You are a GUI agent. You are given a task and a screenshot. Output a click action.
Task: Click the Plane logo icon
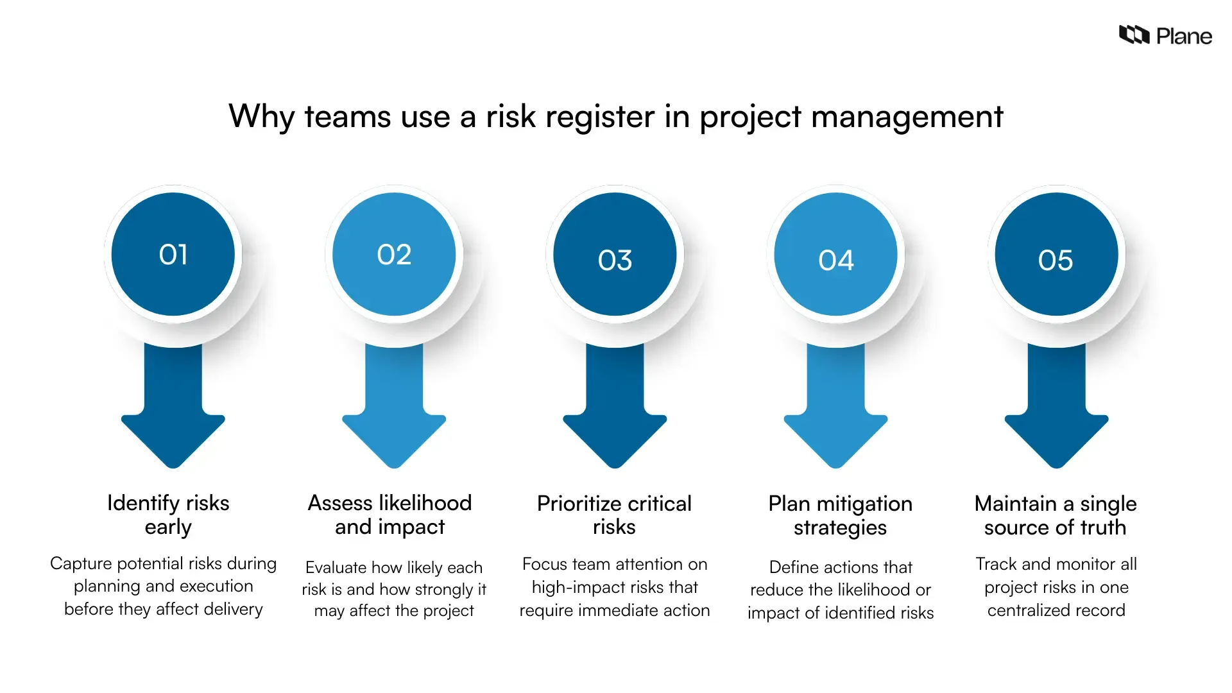pyautogui.click(x=1134, y=35)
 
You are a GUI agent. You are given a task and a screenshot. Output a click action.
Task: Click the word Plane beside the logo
pyautogui.click(x=1184, y=37)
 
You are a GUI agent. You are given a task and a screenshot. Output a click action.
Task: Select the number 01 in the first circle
pyautogui.click(x=173, y=255)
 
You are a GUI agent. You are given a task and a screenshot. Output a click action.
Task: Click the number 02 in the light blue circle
pyautogui.click(x=394, y=255)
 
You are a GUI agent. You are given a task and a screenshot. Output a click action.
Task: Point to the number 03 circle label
pyautogui.click(x=615, y=261)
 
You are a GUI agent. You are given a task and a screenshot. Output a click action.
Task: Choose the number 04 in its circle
pyautogui.click(x=835, y=261)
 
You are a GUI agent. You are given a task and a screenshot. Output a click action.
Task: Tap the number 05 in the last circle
pyautogui.click(x=1056, y=261)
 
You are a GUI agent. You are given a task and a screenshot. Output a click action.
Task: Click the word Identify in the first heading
pyautogui.click(x=143, y=504)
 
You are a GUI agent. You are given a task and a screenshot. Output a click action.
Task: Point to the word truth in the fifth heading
pyautogui.click(x=1103, y=527)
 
